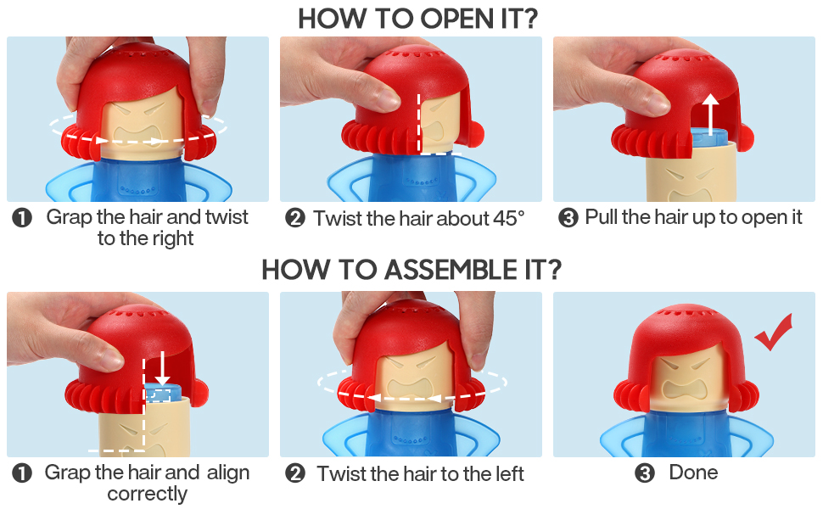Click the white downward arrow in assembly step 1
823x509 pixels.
pyautogui.click(x=163, y=369)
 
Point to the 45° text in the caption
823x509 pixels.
pyautogui.click(x=508, y=218)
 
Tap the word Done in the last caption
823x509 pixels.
pyautogui.click(x=693, y=473)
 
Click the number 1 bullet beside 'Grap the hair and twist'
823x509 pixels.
pyautogui.click(x=22, y=218)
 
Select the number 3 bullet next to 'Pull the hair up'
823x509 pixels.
pyautogui.click(x=568, y=217)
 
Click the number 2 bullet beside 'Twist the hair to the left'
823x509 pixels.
pyautogui.click(x=295, y=473)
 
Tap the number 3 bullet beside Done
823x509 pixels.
pyautogui.click(x=645, y=473)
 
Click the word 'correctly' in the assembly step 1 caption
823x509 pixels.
pyautogui.click(x=148, y=494)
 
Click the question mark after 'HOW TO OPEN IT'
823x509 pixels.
pyautogui.click(x=530, y=19)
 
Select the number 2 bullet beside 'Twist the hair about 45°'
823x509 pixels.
pyautogui.click(x=295, y=218)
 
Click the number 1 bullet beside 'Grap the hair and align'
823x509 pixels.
pyautogui.click(x=22, y=473)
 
